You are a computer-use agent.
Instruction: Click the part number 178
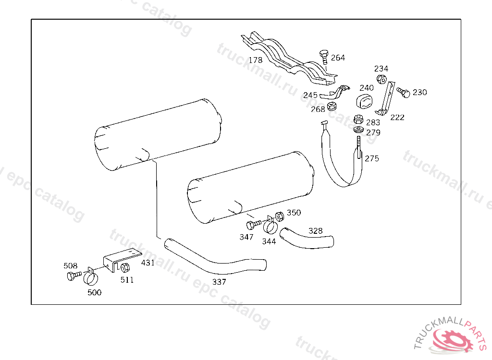click(x=256, y=60)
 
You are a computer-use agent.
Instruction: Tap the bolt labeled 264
click(x=324, y=57)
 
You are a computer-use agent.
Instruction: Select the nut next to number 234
click(x=381, y=79)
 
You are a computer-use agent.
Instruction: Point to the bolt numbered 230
click(x=404, y=93)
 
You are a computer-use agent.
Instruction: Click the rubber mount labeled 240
click(x=364, y=101)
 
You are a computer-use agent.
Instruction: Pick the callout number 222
click(x=397, y=117)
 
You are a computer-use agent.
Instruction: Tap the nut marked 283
click(x=358, y=120)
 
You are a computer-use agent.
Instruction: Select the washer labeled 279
click(x=358, y=129)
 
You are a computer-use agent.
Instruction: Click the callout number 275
click(x=372, y=158)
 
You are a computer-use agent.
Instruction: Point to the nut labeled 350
click(x=280, y=216)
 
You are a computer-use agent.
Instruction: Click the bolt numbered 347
click(x=254, y=225)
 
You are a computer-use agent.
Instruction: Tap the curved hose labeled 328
click(x=306, y=239)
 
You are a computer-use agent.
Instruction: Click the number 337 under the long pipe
click(x=219, y=282)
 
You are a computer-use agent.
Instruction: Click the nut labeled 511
click(x=125, y=268)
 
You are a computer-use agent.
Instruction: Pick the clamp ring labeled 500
click(x=91, y=276)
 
